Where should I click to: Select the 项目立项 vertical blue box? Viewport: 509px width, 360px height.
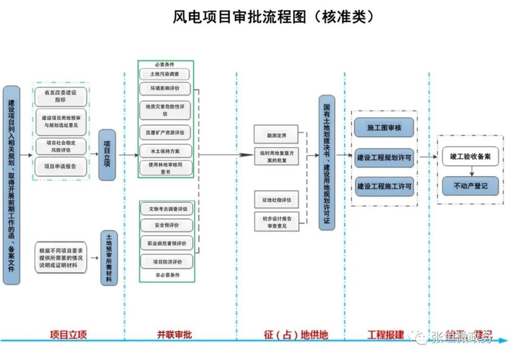point(108,149)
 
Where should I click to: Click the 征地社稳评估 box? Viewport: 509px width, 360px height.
point(276,199)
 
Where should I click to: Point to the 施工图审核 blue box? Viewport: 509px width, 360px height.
point(385,129)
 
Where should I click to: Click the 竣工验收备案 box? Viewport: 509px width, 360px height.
point(470,156)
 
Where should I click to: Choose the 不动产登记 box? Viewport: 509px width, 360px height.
point(470,187)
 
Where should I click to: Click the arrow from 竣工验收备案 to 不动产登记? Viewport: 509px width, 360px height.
point(470,172)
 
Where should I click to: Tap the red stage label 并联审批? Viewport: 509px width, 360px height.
point(175,335)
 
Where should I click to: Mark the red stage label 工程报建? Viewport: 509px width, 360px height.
point(385,335)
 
